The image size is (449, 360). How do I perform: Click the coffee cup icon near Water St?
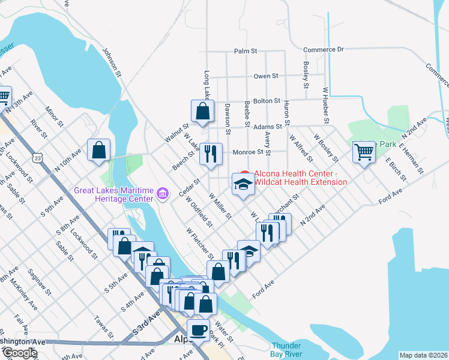[x=198, y=329]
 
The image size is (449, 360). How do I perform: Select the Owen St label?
[x=266, y=76]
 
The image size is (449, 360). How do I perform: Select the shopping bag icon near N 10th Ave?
[x=98, y=151]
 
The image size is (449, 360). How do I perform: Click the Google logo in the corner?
[x=19, y=353]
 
